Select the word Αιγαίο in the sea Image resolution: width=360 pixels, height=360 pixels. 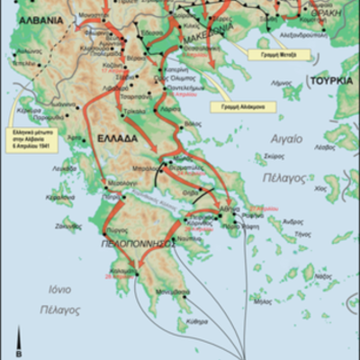pyautogui.click(x=286, y=139)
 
